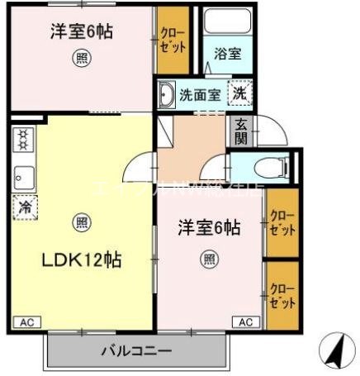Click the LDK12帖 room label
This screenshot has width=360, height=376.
coord(83,260)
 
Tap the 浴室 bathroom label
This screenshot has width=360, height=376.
coord(227,54)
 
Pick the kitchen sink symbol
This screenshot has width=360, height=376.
coord(22,176)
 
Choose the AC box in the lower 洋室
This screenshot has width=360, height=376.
coord(246,321)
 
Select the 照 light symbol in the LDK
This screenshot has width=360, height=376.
coord(81,221)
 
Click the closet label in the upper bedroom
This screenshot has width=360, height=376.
coord(173,39)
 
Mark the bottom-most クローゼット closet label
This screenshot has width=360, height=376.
coord(282,296)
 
